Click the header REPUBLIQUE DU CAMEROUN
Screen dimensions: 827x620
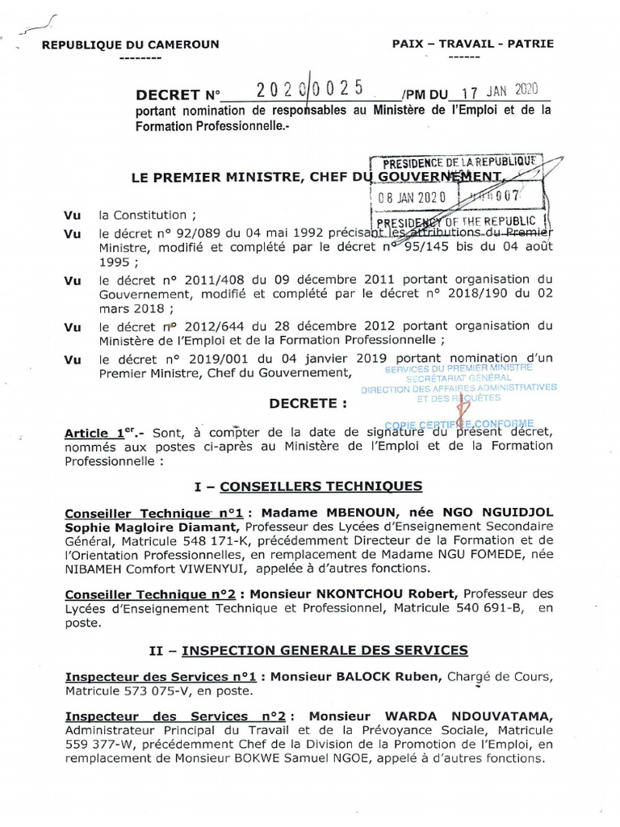pyautogui.click(x=129, y=45)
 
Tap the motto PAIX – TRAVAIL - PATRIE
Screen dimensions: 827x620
pyautogui.click(x=473, y=44)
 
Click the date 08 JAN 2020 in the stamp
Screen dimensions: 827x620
pyautogui.click(x=411, y=196)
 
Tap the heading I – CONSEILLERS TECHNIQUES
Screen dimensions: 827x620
pyautogui.click(x=309, y=486)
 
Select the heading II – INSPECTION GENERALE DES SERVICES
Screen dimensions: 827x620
pyautogui.click(x=309, y=649)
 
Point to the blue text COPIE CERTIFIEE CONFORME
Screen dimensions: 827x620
pyautogui.click(x=459, y=423)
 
